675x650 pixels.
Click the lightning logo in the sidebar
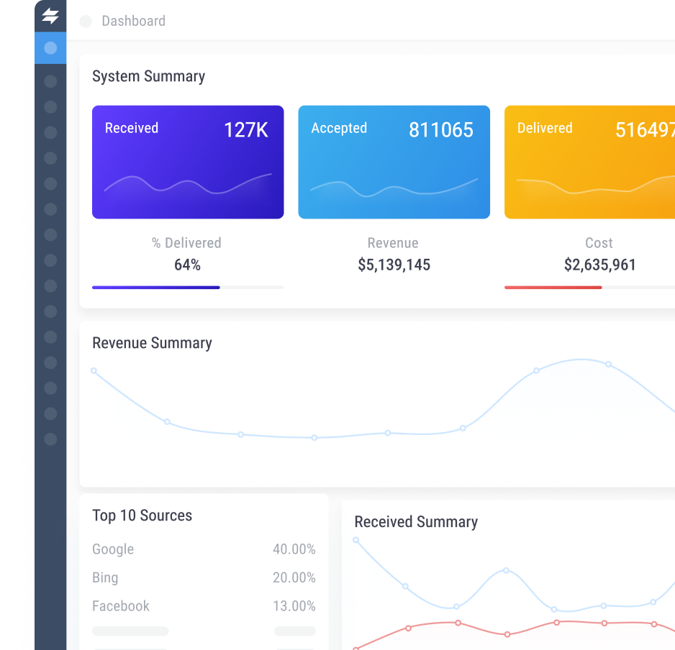click(50, 16)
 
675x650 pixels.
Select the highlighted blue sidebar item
click(50, 48)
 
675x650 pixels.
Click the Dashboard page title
click(133, 21)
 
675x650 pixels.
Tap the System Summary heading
click(148, 76)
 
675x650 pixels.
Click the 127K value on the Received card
click(245, 129)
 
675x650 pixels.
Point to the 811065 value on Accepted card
click(440, 129)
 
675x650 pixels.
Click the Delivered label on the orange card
click(545, 128)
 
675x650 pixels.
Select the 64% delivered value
click(187, 265)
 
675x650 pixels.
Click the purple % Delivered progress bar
click(155, 288)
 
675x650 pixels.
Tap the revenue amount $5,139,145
click(394, 265)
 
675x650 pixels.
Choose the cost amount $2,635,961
click(599, 265)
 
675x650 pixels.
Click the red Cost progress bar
click(553, 288)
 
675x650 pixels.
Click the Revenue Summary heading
click(152, 343)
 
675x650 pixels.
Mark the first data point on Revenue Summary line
click(94, 371)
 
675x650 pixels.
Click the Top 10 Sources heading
click(142, 516)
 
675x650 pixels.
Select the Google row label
click(113, 549)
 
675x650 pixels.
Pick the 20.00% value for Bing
click(294, 577)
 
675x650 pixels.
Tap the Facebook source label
click(121, 606)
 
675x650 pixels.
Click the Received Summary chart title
click(415, 522)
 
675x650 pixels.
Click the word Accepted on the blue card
click(338, 128)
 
